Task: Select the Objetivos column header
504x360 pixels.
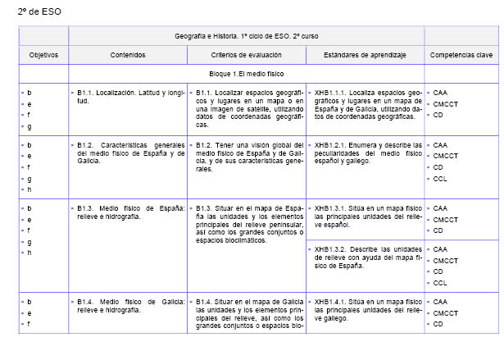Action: [x=43, y=55]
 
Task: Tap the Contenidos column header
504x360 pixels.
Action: [x=128, y=55]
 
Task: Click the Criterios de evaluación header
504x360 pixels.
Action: [x=246, y=55]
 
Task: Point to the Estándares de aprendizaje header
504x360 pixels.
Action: [x=364, y=55]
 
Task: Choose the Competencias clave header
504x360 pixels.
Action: [x=461, y=55]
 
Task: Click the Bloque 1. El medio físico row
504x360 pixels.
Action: [x=246, y=74]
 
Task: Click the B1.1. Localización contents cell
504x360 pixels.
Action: [x=129, y=97]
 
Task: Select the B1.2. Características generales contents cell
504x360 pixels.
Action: [x=129, y=149]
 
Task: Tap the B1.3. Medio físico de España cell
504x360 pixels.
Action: [x=129, y=212]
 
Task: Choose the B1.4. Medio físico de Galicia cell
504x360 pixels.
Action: [x=129, y=306]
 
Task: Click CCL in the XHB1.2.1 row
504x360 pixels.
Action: [x=439, y=178]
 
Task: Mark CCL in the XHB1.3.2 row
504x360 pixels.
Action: [x=439, y=282]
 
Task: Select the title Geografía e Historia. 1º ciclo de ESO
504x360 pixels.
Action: [x=246, y=37]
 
